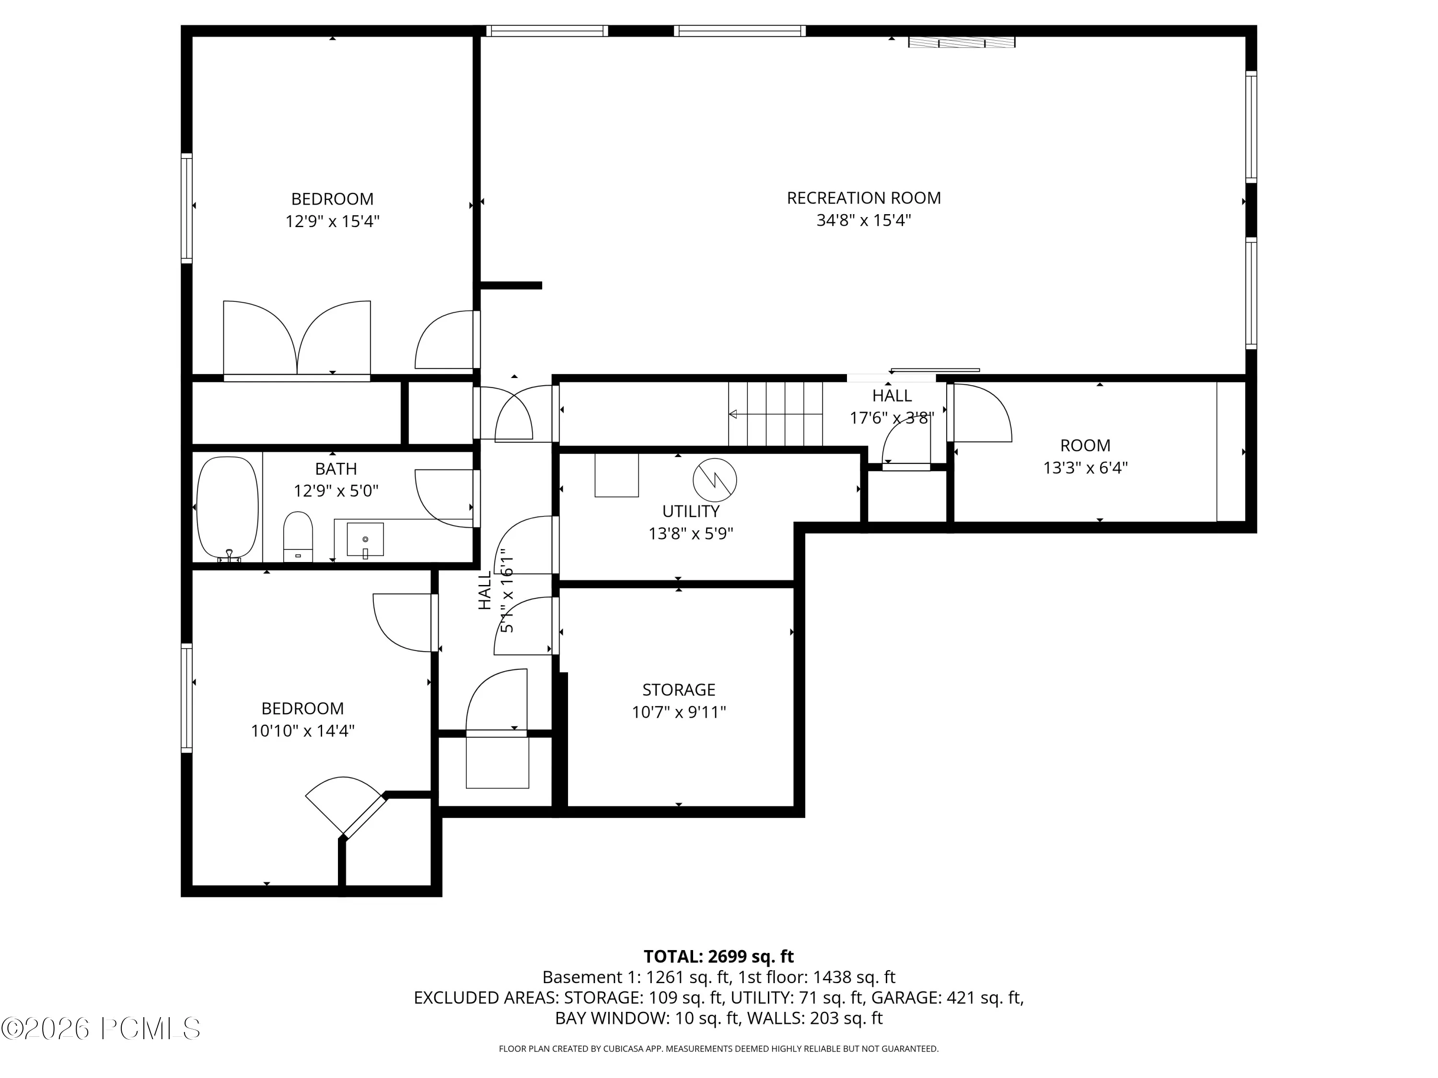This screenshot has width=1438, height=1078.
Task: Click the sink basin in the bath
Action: [365, 539]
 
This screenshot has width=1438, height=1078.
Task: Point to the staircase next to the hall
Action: [776, 413]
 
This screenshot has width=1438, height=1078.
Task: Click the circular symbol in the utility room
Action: [715, 480]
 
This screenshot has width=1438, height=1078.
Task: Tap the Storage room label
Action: [679, 689]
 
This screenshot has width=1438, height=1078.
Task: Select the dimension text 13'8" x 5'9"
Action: [690, 533]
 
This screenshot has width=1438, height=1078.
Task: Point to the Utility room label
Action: [690, 511]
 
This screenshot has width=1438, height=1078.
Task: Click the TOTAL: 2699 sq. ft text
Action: [719, 956]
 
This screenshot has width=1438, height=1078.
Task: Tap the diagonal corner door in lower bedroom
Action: [345, 806]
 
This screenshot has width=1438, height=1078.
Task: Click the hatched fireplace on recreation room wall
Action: [962, 42]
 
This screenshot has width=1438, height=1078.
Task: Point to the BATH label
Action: [336, 469]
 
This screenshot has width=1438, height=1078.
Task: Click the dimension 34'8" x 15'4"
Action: [863, 220]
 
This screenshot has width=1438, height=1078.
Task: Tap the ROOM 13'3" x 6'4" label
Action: [1085, 456]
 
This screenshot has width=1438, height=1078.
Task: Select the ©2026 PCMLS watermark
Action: [101, 1028]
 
